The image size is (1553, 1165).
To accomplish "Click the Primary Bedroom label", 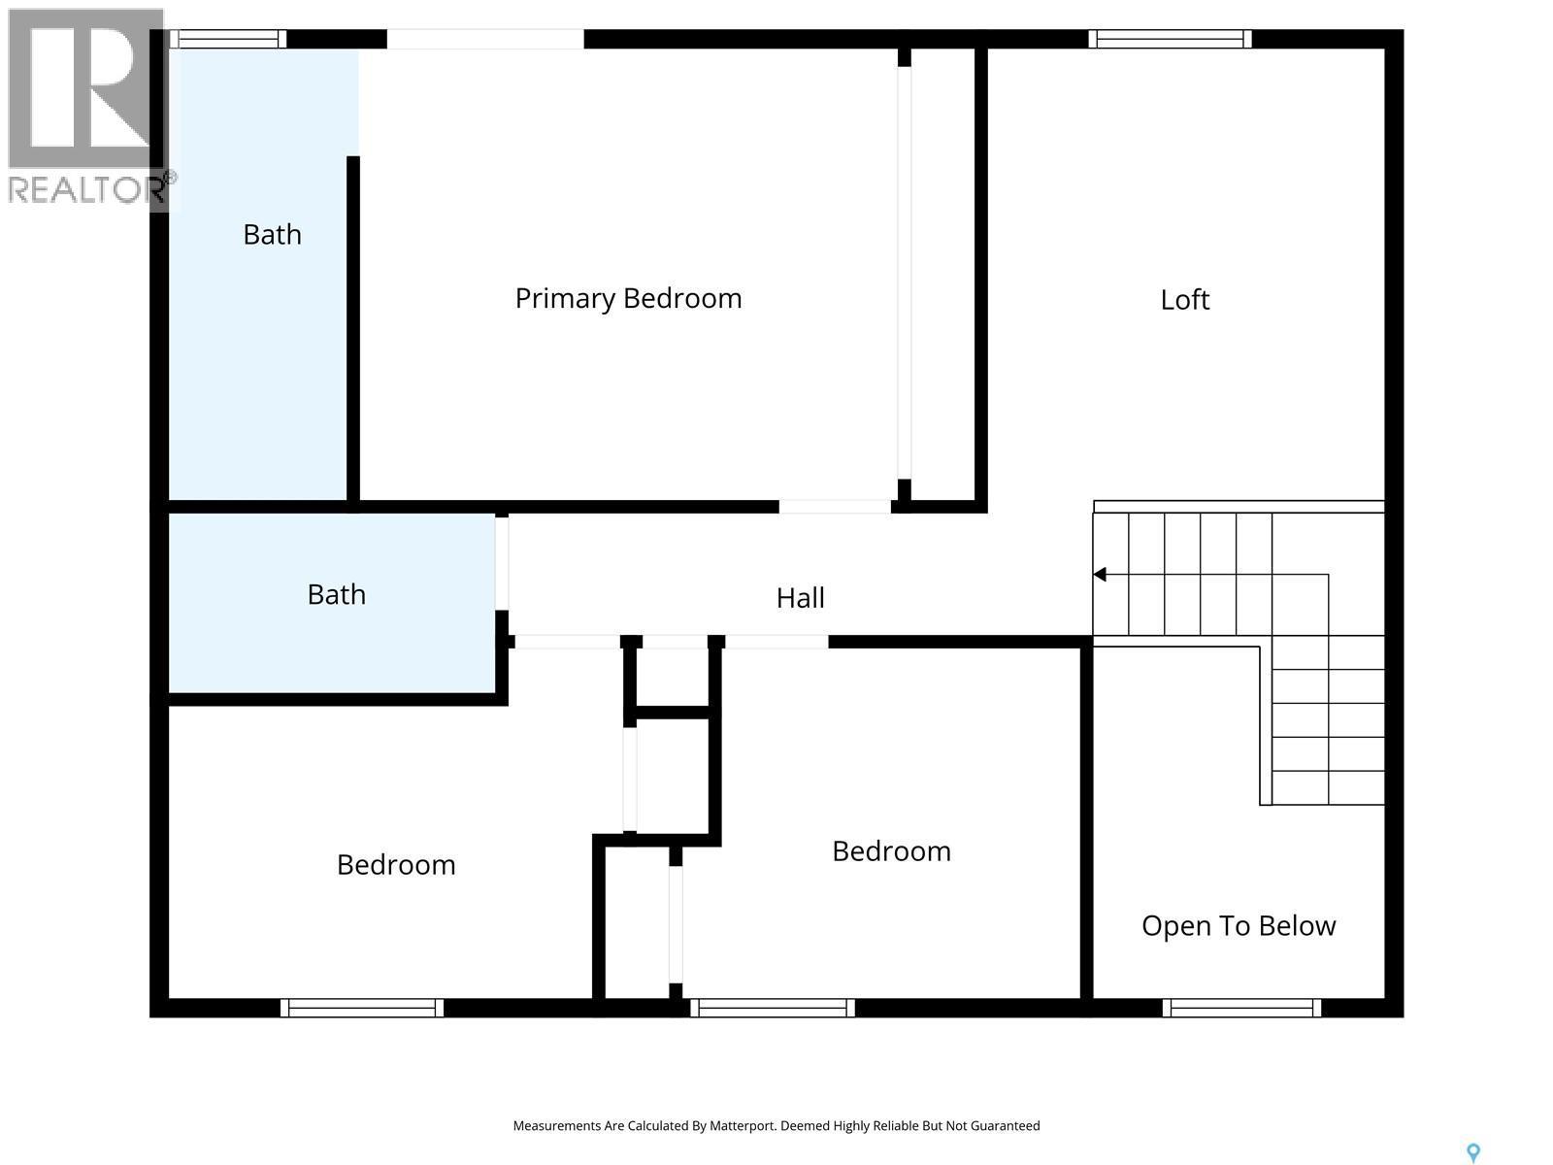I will coord(628,298).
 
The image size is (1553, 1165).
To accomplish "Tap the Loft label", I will coord(1184,299).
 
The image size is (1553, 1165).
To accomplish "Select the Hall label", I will coord(800,598).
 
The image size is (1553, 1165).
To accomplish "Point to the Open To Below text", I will coord(1239,926).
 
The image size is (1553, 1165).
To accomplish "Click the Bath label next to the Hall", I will coord(336,594).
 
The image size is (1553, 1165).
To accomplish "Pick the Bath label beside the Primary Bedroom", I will coord(272,235).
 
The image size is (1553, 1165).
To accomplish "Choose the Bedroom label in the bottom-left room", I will coord(396,865).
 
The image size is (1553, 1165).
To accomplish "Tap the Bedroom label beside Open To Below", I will coord(891,851).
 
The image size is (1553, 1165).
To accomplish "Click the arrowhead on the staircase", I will coord(1100,575).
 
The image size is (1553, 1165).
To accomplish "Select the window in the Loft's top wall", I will coord(1170,39).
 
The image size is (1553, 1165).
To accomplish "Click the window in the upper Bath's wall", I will coord(228,39).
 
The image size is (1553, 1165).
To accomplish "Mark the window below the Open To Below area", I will coord(1241,1008).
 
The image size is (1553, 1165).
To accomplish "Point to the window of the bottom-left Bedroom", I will coord(362,1008).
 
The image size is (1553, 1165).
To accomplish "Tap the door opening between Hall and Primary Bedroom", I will coord(835,507).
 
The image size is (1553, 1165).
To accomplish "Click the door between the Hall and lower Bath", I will coord(502,564).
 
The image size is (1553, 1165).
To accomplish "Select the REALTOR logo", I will coord(87,107).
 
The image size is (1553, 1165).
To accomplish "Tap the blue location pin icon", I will coord(1472,1152).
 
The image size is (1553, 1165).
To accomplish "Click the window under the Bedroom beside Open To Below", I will coord(773,1008).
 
